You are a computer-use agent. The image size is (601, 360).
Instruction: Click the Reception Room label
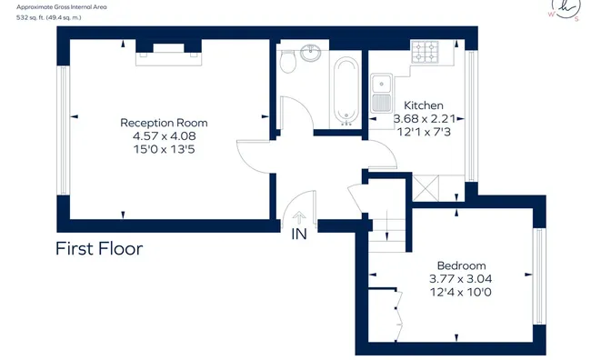click(164, 123)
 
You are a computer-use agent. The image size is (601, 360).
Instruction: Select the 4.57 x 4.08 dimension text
click(164, 135)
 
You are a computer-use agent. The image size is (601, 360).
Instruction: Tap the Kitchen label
click(424, 105)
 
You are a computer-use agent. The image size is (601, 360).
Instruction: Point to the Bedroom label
click(461, 265)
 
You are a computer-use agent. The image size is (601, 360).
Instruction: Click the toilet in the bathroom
click(287, 61)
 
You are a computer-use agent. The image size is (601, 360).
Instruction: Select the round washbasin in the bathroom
click(311, 53)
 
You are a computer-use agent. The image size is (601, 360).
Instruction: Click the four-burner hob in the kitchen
click(425, 52)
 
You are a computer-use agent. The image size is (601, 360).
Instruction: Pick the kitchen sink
click(381, 93)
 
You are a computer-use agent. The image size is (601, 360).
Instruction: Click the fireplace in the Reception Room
click(168, 53)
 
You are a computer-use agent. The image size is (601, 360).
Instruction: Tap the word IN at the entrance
click(299, 234)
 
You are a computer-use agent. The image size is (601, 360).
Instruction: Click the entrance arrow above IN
click(299, 218)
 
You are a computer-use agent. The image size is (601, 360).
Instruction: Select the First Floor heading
click(99, 248)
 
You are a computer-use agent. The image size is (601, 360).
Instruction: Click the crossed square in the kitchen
click(426, 188)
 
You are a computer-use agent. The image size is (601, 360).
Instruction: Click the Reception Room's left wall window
click(63, 130)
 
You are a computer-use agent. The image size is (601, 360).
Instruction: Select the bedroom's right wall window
click(539, 276)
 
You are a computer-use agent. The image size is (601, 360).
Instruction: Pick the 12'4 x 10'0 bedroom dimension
click(461, 292)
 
